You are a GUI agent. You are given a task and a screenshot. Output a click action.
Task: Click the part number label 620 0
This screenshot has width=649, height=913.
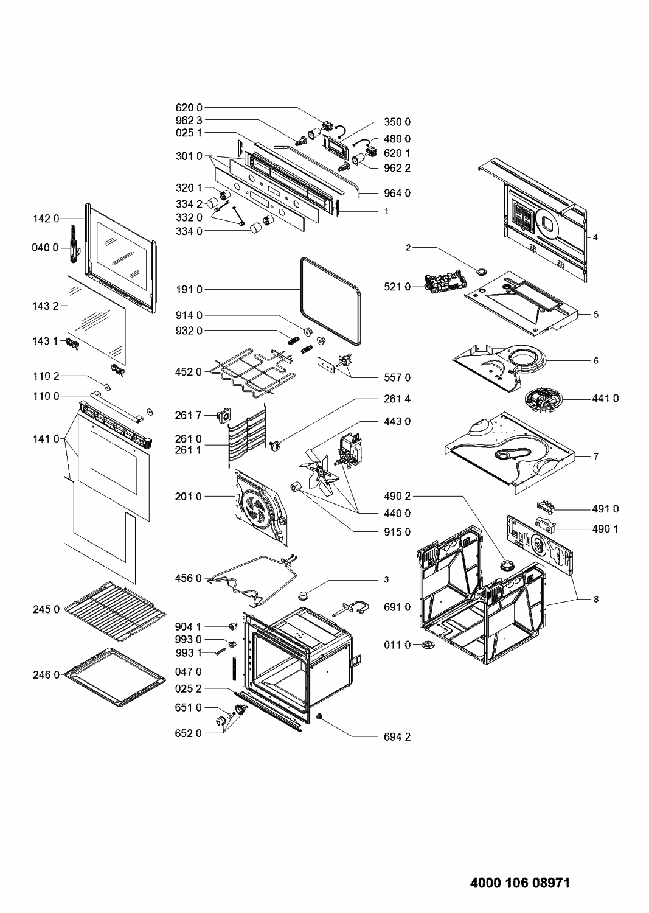[x=190, y=108]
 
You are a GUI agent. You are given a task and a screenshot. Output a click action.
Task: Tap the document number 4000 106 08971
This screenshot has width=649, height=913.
[x=519, y=883]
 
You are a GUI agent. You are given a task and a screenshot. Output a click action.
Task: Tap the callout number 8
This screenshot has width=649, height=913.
[x=596, y=599]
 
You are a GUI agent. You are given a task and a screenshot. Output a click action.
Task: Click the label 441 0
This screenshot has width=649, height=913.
[x=605, y=399]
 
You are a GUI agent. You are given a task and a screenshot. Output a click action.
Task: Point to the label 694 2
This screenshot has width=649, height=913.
[x=397, y=736]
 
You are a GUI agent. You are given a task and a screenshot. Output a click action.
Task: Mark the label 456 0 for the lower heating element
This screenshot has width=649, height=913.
[x=190, y=578]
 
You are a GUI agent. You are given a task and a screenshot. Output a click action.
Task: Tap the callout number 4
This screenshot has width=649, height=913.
[x=595, y=237]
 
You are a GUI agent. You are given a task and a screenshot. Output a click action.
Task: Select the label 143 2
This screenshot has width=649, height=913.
[x=46, y=306]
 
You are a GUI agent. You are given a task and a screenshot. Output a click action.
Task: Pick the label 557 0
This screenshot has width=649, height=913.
[x=397, y=377]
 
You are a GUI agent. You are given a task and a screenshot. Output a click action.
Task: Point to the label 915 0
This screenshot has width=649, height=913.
[x=397, y=531]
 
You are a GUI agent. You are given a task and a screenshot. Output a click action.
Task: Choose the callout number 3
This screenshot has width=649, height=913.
[x=386, y=579]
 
